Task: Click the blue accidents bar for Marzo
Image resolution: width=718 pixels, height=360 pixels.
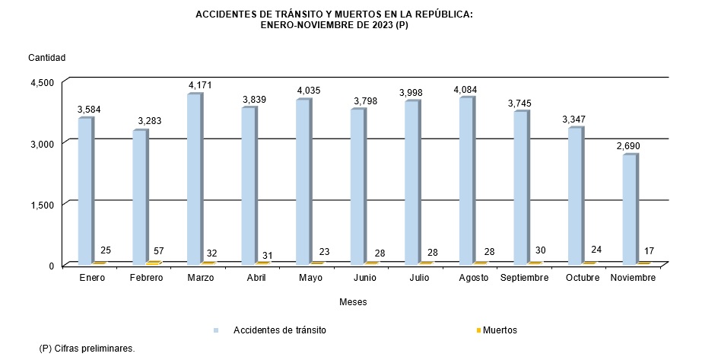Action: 194,179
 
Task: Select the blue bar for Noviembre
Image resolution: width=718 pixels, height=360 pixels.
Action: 630,209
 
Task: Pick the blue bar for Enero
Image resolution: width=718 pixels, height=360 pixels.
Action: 85,190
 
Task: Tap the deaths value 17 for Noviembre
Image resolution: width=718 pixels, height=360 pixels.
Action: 649,251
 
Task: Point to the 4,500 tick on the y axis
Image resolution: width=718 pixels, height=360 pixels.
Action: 43,82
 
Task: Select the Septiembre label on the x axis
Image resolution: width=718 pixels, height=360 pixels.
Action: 524,278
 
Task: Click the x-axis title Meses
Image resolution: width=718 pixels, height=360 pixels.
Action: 354,302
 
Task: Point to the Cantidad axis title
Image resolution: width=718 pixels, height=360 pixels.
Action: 47,58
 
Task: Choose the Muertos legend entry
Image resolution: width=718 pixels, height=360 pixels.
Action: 500,330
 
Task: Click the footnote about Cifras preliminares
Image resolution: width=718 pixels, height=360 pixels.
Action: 87,348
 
